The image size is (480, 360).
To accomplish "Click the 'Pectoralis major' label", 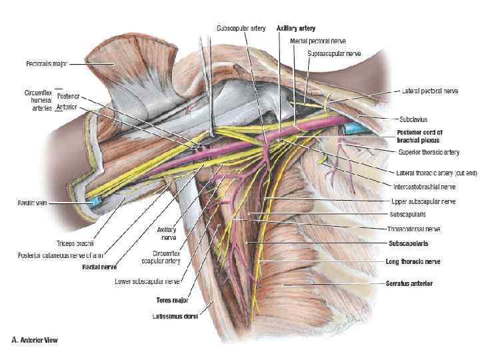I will pos(40,64).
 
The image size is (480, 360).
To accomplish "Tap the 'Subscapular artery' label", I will pos(241,29).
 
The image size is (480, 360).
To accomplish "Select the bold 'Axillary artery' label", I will pos(296,29).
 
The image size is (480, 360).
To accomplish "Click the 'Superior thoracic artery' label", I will pos(429,153).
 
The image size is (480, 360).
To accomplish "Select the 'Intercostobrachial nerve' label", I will pos(424,187).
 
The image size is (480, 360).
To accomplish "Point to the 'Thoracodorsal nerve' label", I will pos(414,229).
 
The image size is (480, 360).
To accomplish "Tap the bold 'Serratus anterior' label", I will pos(409,283).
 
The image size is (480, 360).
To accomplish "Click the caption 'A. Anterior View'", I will pos(35,340).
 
